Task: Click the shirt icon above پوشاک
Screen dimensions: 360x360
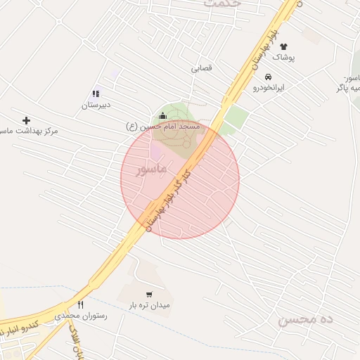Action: click(x=283, y=46)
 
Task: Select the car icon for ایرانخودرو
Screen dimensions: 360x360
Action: click(x=268, y=77)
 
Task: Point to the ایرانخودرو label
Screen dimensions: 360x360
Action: click(x=269, y=89)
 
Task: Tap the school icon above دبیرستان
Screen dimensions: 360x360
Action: click(x=96, y=94)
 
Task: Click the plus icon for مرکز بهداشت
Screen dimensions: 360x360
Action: click(x=27, y=120)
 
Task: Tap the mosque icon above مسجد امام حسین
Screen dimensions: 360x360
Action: click(x=162, y=116)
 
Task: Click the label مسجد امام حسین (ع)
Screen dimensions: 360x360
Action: click(x=163, y=127)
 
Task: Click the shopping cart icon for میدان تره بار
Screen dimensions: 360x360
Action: click(x=148, y=295)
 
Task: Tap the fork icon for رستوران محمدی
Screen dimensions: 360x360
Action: click(x=80, y=305)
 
